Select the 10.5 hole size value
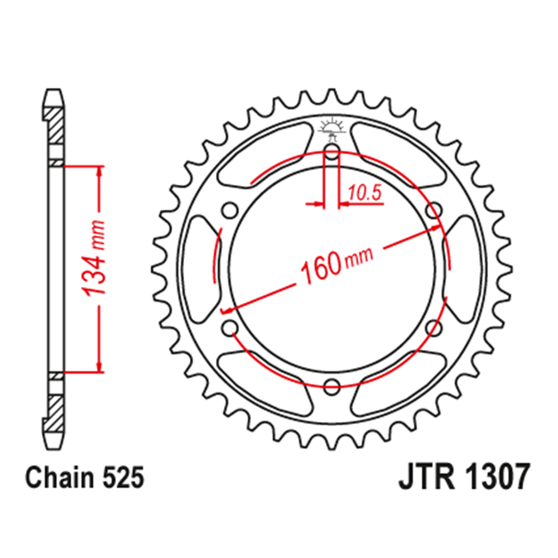pyautogui.click(x=364, y=194)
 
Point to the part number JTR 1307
pyautogui.click(x=463, y=478)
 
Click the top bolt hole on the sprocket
pyautogui.click(x=332, y=152)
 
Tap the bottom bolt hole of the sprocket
pyautogui.click(x=332, y=384)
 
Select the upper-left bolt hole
pyautogui.click(x=229, y=211)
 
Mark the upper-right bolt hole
pyautogui.click(x=434, y=211)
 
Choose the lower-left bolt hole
pyautogui.click(x=229, y=327)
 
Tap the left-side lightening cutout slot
pyautogui.click(x=199, y=268)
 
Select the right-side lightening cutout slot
pyautogui.click(x=464, y=268)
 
